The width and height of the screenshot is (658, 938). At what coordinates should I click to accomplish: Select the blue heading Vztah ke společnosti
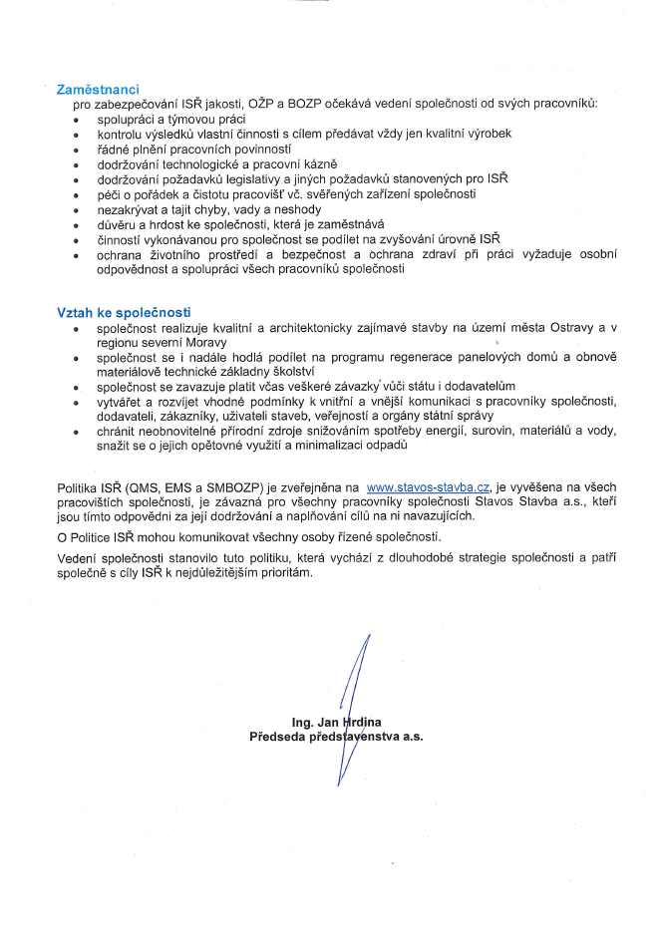(125, 313)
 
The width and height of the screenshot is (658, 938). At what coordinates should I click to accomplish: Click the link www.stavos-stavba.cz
(428, 486)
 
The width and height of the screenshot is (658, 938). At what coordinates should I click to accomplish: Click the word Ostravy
(575, 328)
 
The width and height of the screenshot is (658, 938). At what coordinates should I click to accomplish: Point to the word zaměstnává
(352, 225)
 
